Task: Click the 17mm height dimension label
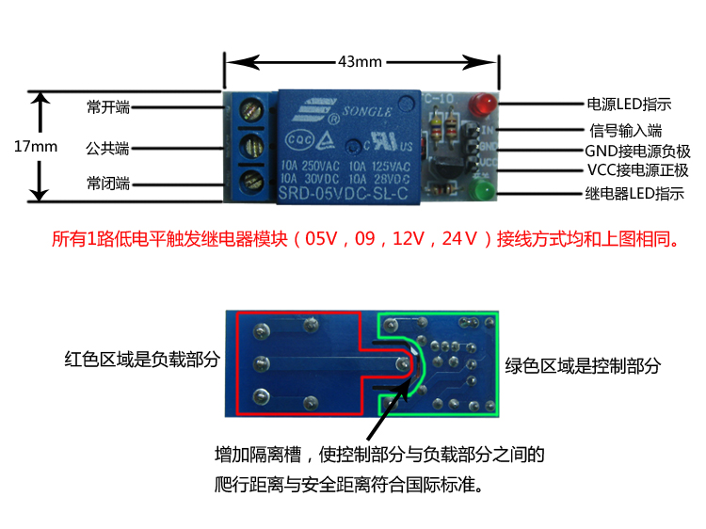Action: click(37, 147)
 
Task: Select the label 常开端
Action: click(107, 107)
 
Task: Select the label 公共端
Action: click(107, 149)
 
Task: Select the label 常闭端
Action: click(107, 182)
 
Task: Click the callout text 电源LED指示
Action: click(629, 104)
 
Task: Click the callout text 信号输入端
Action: click(626, 130)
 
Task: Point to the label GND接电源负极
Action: click(637, 152)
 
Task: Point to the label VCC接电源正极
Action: click(637, 171)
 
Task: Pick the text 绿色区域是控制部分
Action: click(583, 365)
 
